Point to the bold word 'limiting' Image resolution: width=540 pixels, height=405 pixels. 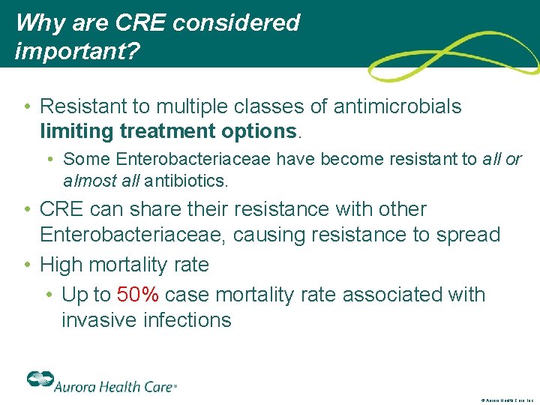(x=75, y=131)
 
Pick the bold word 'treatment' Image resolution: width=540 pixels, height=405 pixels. (x=166, y=131)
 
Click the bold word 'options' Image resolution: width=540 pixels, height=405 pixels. (x=259, y=131)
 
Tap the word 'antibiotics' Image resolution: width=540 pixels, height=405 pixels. (x=190, y=181)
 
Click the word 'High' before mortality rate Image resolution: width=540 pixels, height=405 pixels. (x=62, y=265)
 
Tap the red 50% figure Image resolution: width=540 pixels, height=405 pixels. (x=138, y=295)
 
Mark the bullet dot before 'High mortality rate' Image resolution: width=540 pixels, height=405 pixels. (x=28, y=265)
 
